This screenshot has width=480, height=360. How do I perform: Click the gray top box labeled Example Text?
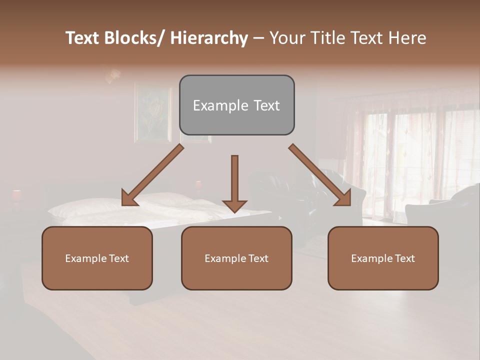236,105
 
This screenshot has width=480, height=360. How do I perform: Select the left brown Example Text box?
97,258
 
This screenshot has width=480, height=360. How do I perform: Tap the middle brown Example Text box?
236,258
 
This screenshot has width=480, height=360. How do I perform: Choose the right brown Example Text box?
383,258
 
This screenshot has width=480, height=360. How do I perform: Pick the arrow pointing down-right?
320,175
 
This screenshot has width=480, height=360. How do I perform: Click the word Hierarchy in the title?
209,38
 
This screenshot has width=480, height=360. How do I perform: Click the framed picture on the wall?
152,113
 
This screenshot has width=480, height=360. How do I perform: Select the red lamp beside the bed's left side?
16,195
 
